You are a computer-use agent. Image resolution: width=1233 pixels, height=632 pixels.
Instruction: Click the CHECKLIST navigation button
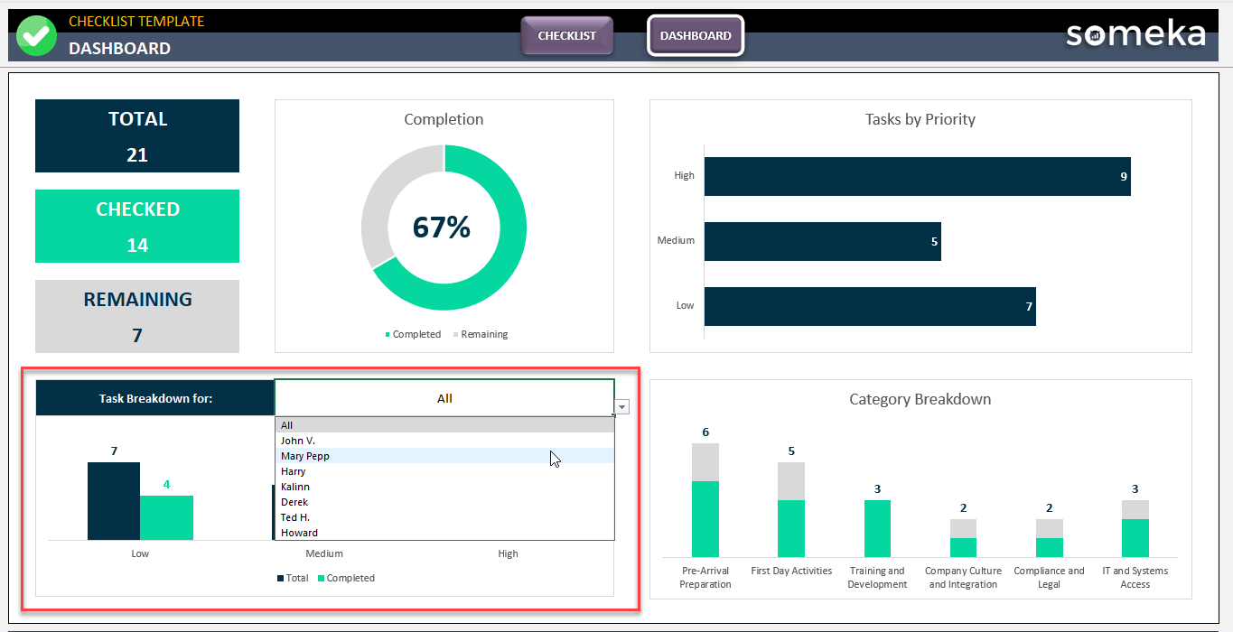click(566, 36)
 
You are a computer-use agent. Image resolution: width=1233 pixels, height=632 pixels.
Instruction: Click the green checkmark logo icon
click(36, 36)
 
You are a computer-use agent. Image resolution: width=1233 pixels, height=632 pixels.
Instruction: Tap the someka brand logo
click(1135, 34)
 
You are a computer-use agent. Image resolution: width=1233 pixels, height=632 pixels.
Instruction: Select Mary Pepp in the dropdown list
click(305, 456)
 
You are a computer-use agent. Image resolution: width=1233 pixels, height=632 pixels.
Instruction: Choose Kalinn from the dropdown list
click(295, 487)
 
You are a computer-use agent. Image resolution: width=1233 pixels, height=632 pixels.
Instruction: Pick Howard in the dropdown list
click(299, 533)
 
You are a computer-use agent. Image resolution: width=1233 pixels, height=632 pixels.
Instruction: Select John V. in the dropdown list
click(298, 441)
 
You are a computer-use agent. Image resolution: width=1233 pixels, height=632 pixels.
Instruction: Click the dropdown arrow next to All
click(621, 407)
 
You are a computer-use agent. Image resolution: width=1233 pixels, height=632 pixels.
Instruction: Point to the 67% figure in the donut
click(442, 227)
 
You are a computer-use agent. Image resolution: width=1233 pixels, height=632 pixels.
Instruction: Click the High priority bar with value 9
click(917, 176)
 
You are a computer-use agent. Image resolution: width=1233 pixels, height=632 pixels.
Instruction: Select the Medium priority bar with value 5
click(822, 241)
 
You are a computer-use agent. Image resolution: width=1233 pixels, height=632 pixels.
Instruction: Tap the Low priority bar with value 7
click(869, 306)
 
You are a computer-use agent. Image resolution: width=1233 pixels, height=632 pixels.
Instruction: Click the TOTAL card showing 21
click(137, 136)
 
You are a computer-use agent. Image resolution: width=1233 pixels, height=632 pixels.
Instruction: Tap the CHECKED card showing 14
click(137, 227)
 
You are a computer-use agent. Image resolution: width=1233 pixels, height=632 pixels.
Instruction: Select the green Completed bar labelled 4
click(166, 517)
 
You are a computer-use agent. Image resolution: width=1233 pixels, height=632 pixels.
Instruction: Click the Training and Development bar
click(877, 528)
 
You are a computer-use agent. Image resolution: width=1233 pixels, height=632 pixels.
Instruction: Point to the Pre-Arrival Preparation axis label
click(705, 577)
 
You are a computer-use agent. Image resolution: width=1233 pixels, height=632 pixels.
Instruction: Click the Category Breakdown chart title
click(920, 399)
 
